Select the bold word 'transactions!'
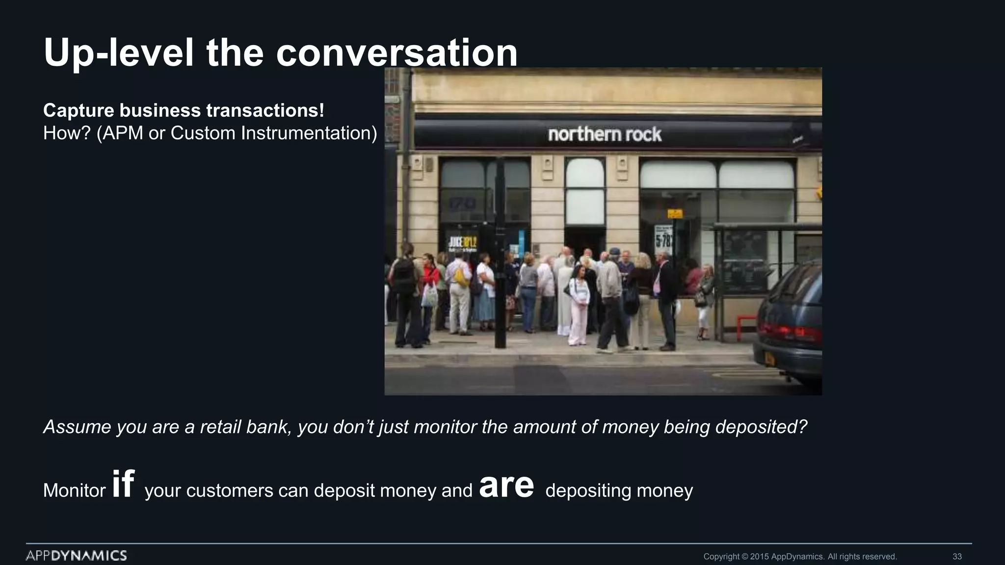point(265,110)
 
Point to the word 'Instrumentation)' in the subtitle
point(309,133)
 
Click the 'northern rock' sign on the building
point(605,134)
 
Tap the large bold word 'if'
point(123,484)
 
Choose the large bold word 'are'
point(506,486)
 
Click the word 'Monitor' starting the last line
point(74,490)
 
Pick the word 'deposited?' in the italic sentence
point(761,427)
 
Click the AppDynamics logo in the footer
point(77,556)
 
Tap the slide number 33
point(957,557)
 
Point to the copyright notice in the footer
point(800,557)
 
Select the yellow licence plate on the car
point(769,360)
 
